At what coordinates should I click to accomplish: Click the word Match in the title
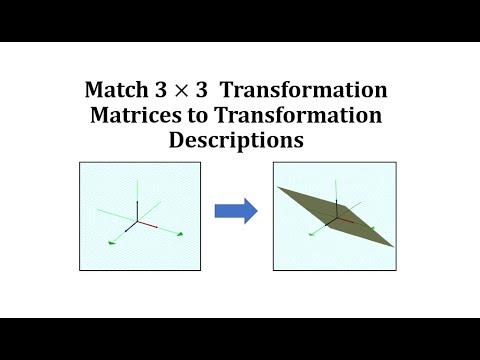118,91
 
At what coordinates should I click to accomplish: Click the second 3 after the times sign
208,91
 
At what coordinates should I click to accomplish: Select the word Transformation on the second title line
297,116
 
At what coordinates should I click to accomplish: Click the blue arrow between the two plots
236,210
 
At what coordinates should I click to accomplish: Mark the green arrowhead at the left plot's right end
180,234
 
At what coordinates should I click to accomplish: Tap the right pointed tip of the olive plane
394,245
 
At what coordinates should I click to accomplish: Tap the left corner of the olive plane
280,188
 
